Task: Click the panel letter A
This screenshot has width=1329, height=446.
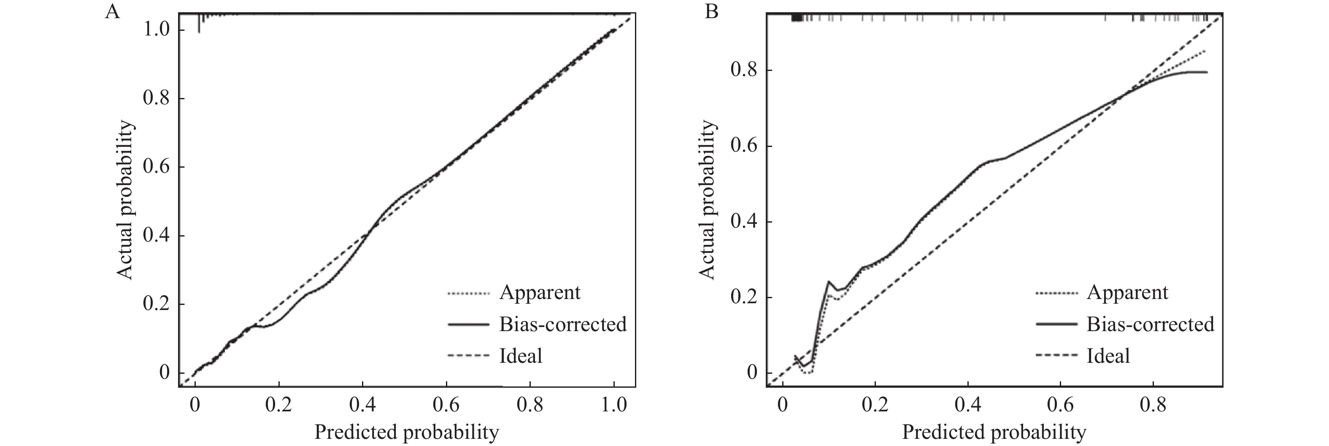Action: click(x=113, y=11)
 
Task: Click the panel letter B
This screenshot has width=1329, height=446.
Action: click(x=712, y=11)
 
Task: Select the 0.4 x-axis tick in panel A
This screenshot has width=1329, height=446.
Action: click(x=363, y=404)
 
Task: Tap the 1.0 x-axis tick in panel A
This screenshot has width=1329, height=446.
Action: click(x=613, y=404)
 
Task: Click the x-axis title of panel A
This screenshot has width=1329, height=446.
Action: click(x=407, y=432)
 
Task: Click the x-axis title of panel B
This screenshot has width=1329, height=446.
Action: click(x=994, y=432)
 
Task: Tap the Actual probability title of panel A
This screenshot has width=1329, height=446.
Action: click(x=125, y=200)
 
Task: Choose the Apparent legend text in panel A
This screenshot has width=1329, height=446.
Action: click(x=540, y=293)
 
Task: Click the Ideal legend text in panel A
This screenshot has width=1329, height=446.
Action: click(x=521, y=356)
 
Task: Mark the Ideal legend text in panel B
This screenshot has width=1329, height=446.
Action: click(x=1108, y=356)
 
